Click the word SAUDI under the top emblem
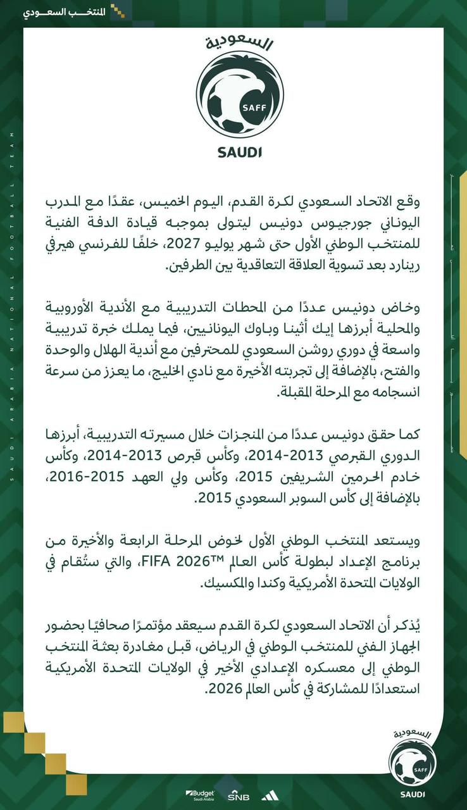point(239,152)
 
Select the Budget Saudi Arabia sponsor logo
point(200,795)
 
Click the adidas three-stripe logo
point(264,795)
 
